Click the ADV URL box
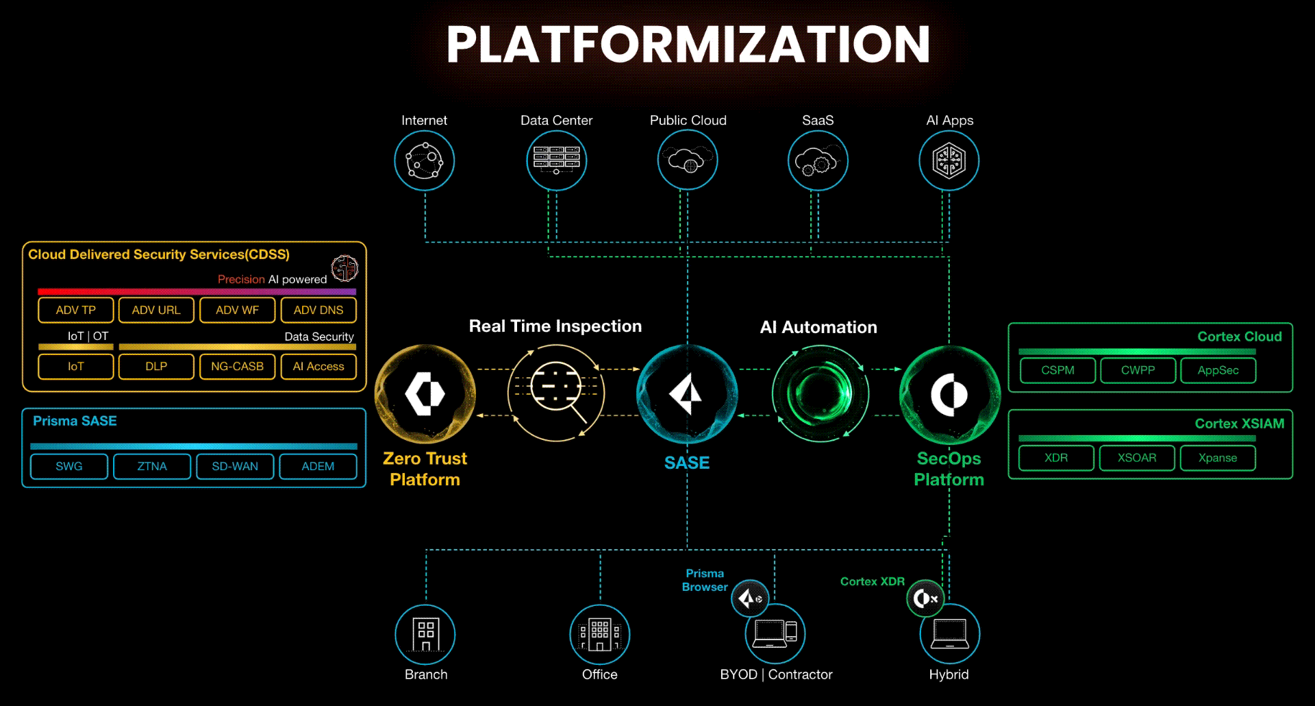point(156,310)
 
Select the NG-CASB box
point(237,367)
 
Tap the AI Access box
point(318,367)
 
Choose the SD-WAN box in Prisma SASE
point(235,466)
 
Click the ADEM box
point(318,466)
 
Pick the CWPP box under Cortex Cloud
point(1138,370)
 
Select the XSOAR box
point(1137,458)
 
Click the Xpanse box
point(1218,458)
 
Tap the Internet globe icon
point(425,161)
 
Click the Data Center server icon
point(556,161)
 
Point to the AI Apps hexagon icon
point(949,161)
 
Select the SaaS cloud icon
point(818,161)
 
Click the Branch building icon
point(425,635)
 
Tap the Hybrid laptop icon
point(949,635)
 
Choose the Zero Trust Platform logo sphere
point(425,394)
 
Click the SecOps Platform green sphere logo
point(949,395)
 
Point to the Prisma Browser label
point(705,580)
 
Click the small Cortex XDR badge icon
point(925,598)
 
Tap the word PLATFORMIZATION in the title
point(688,45)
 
